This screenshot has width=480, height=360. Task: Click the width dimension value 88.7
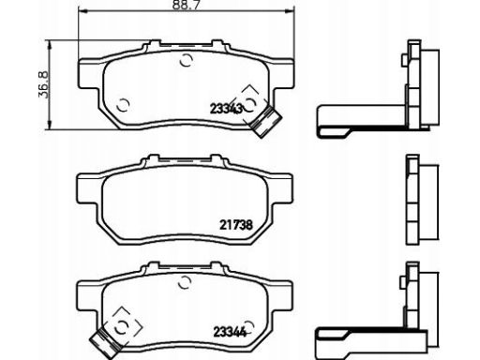(x=186, y=5)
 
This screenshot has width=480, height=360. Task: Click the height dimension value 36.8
(x=43, y=85)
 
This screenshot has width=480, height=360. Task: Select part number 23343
(x=226, y=109)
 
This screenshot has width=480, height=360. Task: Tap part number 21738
(x=236, y=225)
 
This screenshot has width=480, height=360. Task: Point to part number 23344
(x=230, y=332)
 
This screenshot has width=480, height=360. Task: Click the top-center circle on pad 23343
(x=187, y=60)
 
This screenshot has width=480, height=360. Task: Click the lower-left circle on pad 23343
(x=123, y=105)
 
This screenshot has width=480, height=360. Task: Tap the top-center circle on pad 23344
(x=185, y=282)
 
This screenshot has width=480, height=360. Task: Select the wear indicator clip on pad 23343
(x=266, y=121)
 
